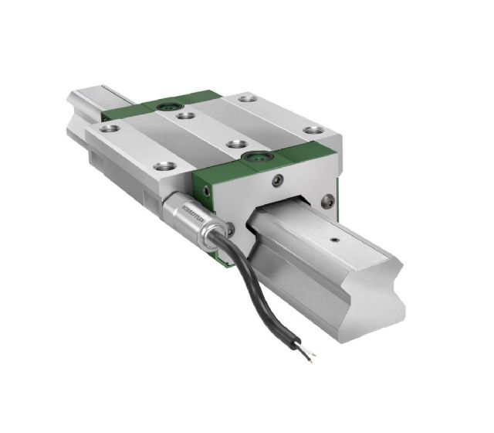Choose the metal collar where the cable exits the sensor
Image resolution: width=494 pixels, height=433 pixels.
[x=210, y=234]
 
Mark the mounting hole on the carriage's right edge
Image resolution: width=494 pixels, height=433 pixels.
[x=311, y=131]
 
